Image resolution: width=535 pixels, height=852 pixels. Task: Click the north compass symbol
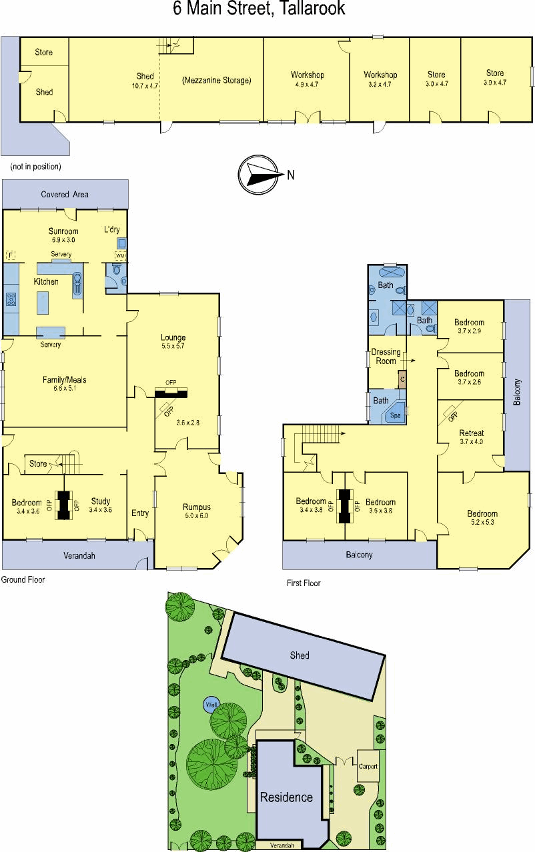tap(258, 175)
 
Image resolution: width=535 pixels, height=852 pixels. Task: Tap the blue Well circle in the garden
tap(211, 705)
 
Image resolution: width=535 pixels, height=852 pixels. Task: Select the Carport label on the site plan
tap(368, 767)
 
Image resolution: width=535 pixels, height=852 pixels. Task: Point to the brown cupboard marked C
tap(402, 379)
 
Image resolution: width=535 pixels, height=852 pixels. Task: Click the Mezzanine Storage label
tap(217, 80)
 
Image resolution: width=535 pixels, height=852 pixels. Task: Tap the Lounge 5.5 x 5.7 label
tap(173, 341)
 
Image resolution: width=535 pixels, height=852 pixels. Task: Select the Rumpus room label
tap(196, 511)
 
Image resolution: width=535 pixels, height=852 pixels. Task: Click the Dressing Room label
tap(386, 357)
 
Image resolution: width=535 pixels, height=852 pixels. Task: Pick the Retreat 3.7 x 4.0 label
tap(472, 437)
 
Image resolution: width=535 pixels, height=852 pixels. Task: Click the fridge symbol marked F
tap(11, 255)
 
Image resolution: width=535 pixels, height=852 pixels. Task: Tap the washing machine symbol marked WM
tap(120, 256)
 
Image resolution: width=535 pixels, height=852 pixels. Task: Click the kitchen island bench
tap(43, 303)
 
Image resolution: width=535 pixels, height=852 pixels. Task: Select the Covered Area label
tap(65, 195)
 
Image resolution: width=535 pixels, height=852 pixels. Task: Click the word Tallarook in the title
tap(312, 9)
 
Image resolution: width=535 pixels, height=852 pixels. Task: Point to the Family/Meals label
tap(64, 383)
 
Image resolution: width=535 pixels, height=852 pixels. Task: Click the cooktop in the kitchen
tap(11, 299)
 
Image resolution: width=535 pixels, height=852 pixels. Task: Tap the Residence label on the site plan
tap(286, 797)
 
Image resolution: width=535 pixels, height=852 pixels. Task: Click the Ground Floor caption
tap(23, 579)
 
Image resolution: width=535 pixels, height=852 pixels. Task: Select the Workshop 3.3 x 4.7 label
tap(380, 79)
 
